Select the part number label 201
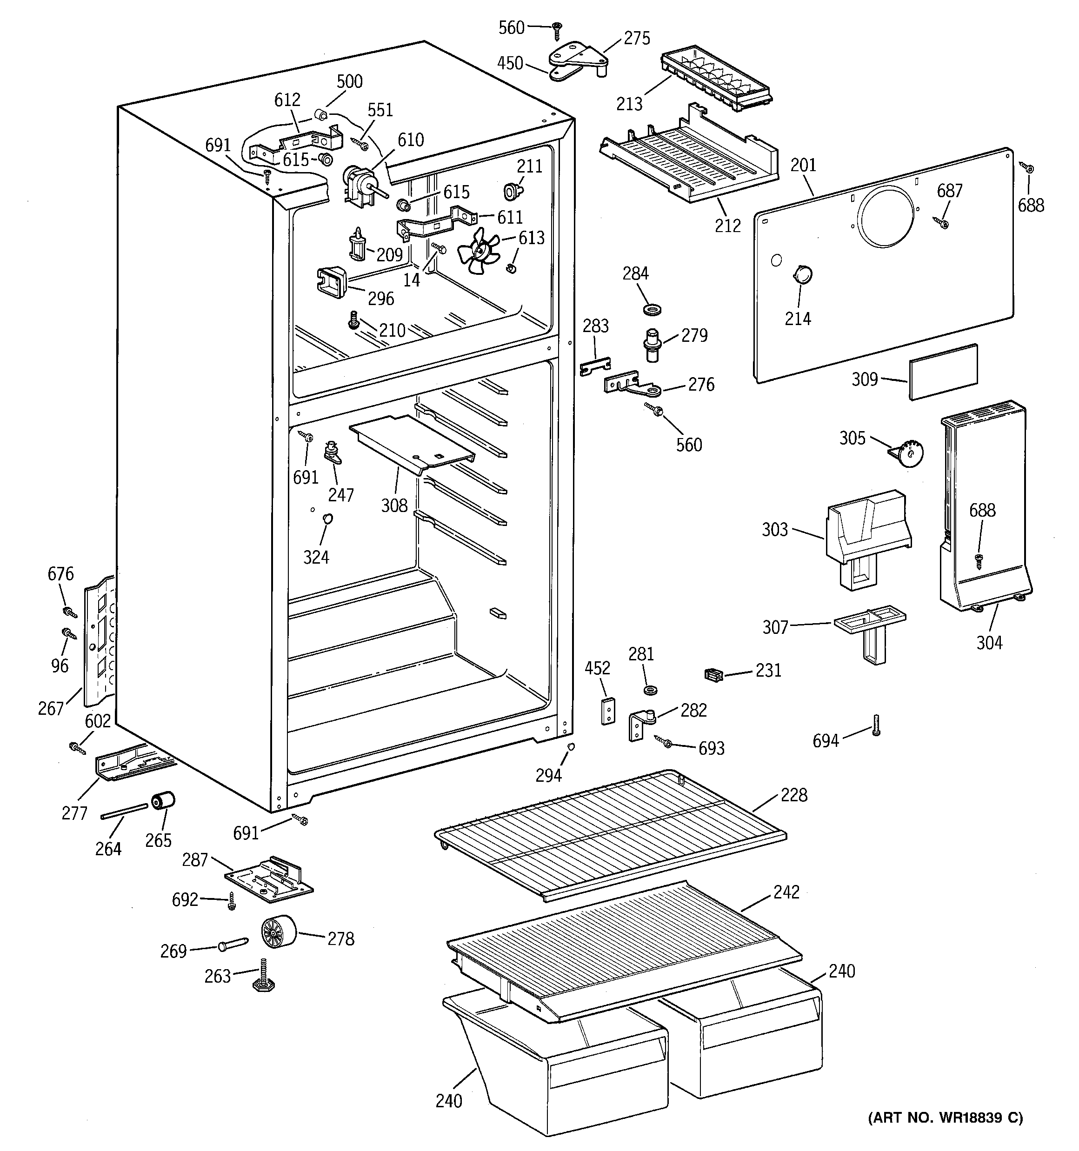(803, 165)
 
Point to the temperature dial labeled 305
(909, 453)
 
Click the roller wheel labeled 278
(279, 933)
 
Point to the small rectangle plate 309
(943, 371)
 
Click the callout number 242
(786, 892)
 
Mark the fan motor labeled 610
(359, 184)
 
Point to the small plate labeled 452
(607, 711)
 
